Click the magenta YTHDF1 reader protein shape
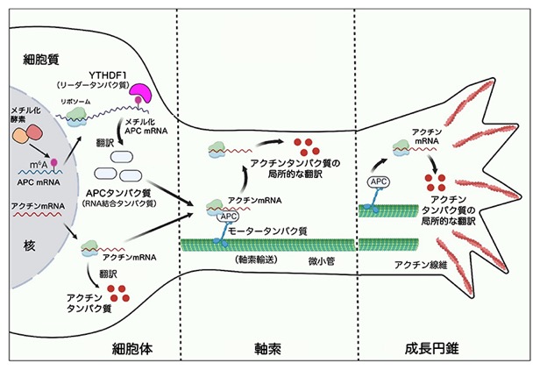(139, 93)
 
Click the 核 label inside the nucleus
(29, 245)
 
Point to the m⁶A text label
(39, 165)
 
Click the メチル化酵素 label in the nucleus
(25, 115)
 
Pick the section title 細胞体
(132, 349)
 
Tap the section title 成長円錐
(431, 349)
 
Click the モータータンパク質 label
(267, 231)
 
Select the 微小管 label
(322, 262)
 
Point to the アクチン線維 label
(421, 265)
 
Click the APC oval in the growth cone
(379, 181)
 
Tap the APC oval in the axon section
(228, 217)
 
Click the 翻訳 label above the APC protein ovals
(104, 143)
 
